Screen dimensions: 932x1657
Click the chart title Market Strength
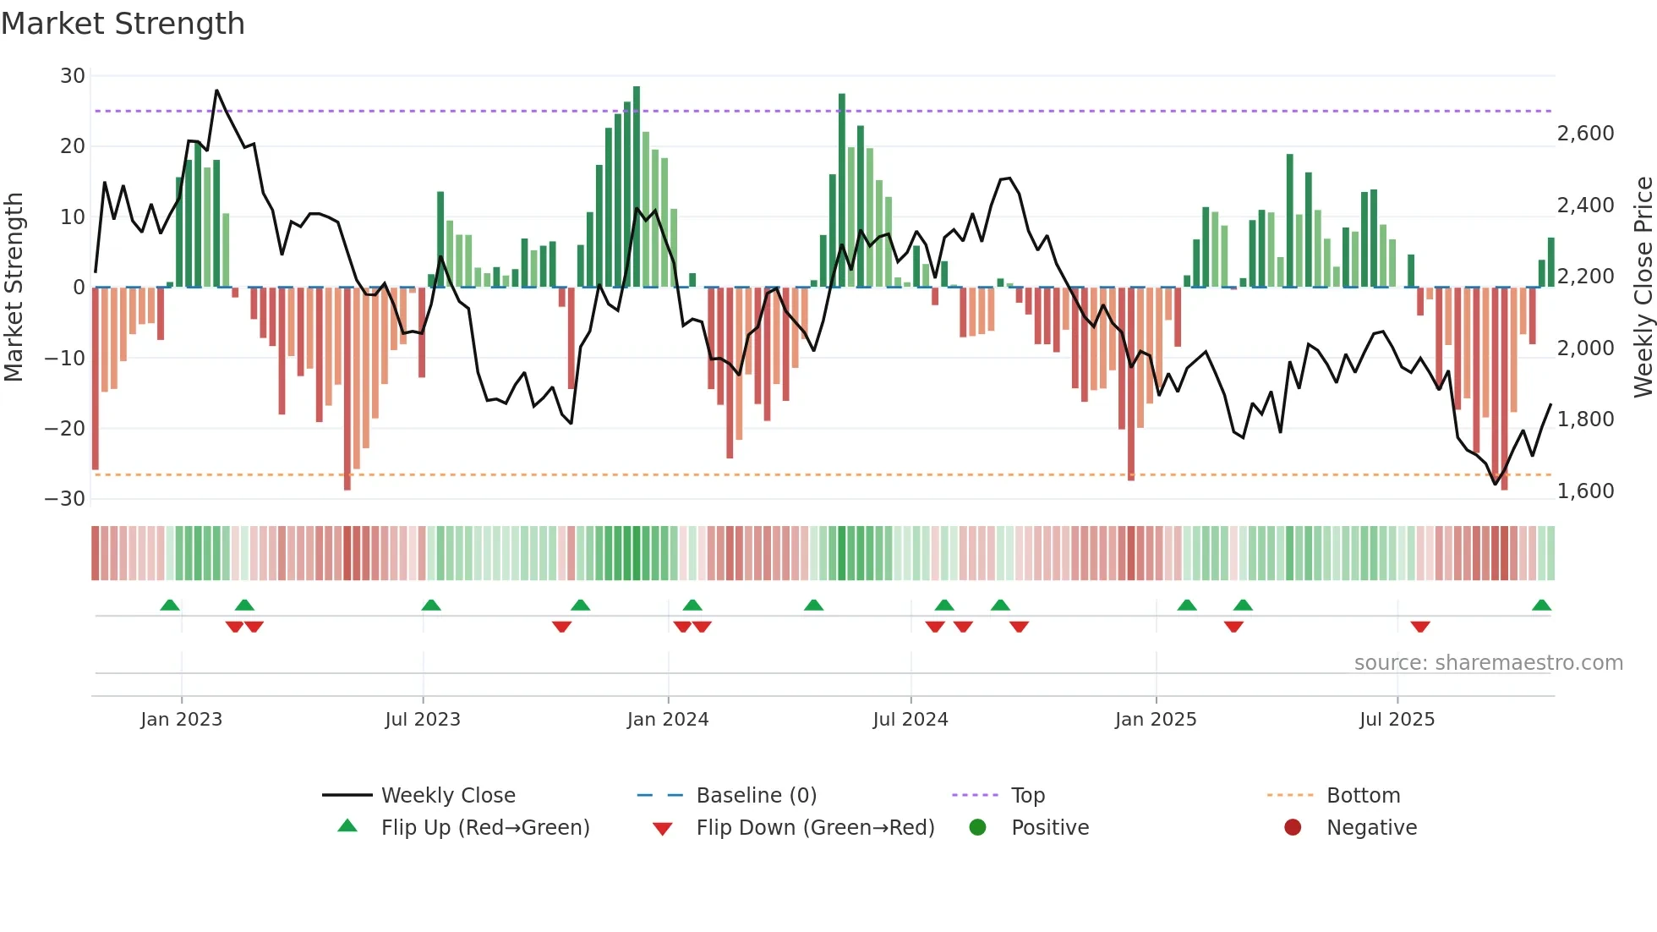tap(123, 24)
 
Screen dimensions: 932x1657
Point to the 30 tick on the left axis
tap(72, 76)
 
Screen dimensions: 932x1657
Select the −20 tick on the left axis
tap(65, 428)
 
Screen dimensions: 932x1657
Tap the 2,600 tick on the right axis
tap(1585, 134)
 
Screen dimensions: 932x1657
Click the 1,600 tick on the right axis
tap(1585, 491)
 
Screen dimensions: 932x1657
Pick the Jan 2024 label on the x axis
tap(667, 720)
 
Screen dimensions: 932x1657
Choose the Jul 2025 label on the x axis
tap(1397, 720)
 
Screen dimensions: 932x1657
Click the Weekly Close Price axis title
tap(1643, 288)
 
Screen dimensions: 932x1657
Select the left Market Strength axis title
tap(14, 288)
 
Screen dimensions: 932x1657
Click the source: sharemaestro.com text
tap(1488, 663)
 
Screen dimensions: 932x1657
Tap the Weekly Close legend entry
tap(447, 796)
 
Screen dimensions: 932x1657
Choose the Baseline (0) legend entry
tap(756, 796)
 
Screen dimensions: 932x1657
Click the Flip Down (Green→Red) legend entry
tap(815, 828)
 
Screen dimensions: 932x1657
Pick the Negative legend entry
tap(1370, 828)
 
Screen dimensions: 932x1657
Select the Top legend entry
tap(1027, 796)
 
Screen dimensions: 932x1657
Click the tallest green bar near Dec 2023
tap(637, 186)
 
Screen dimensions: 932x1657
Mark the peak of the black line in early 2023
tap(216, 90)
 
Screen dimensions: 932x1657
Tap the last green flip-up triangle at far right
tap(1541, 606)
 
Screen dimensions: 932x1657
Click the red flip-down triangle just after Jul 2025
tap(1420, 627)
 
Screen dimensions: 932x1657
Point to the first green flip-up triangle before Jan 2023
tap(170, 606)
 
